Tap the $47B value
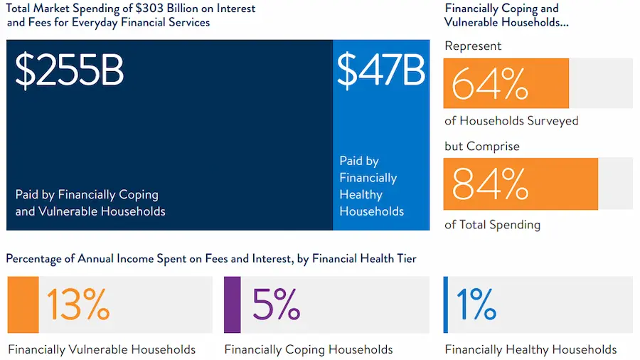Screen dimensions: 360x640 pyautogui.click(x=381, y=70)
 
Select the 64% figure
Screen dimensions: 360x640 pyautogui.click(x=490, y=84)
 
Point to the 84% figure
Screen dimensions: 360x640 pyautogui.click(x=490, y=184)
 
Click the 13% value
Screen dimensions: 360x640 pyautogui.click(x=78, y=305)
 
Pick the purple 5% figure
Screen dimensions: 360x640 pyautogui.click(x=276, y=305)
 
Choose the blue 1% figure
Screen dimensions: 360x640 pyautogui.click(x=476, y=305)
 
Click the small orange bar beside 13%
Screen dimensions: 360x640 pyautogui.click(x=23, y=305)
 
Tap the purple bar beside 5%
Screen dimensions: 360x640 pyautogui.click(x=233, y=305)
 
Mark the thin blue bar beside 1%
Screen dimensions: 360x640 pyautogui.click(x=446, y=305)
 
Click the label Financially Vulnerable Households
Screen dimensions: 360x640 pyautogui.click(x=102, y=349)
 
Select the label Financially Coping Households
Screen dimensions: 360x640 pyautogui.click(x=309, y=349)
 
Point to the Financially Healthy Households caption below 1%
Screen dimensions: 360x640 pyautogui.click(x=530, y=349)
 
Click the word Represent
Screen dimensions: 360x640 pyautogui.click(x=473, y=46)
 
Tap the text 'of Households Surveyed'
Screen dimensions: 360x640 pyautogui.click(x=511, y=121)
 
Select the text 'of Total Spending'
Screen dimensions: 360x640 pyautogui.click(x=492, y=225)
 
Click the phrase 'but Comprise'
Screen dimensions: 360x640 pyautogui.click(x=482, y=147)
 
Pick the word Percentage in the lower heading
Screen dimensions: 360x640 pyautogui.click(x=34, y=259)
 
